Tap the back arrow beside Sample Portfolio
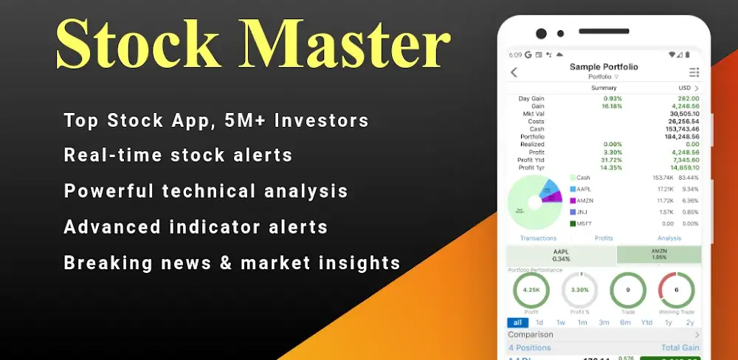pos(514,72)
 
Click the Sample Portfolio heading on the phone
pos(604,67)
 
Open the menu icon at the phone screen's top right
pos(694,72)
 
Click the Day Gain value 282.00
pos(689,98)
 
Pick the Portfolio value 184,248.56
pos(682,136)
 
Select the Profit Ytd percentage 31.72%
pos(612,159)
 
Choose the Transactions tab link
pos(538,238)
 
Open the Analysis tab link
pos(669,238)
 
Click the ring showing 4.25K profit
pos(531,290)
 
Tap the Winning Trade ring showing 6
pos(676,290)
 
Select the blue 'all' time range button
pos(517,322)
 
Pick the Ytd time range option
pos(646,322)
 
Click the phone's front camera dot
pos(541,34)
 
